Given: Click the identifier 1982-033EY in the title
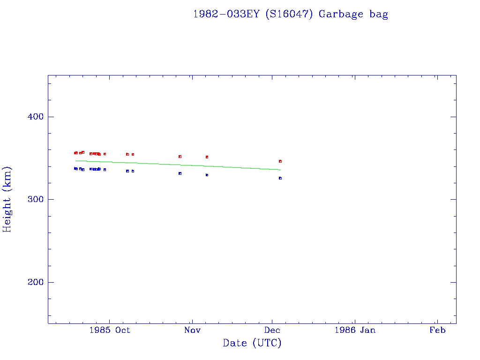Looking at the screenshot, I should point(227,14).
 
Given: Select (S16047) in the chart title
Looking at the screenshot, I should point(289,14).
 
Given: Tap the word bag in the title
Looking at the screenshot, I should point(379,15).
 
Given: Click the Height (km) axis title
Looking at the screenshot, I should point(7,199).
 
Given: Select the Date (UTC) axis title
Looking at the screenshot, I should point(252,343).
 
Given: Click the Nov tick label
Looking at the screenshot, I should point(192,330).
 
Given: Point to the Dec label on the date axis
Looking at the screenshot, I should point(272,330).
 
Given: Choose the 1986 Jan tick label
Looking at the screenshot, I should point(355,330).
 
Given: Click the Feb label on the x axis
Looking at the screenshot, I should point(437,330).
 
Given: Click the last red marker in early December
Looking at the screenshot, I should point(280,161).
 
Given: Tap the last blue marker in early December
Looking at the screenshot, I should point(280,178).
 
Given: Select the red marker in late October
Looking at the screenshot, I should point(180,157).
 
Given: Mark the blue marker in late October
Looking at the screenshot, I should point(180,173).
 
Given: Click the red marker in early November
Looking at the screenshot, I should point(207,157).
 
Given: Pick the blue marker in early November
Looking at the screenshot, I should point(207,175).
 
